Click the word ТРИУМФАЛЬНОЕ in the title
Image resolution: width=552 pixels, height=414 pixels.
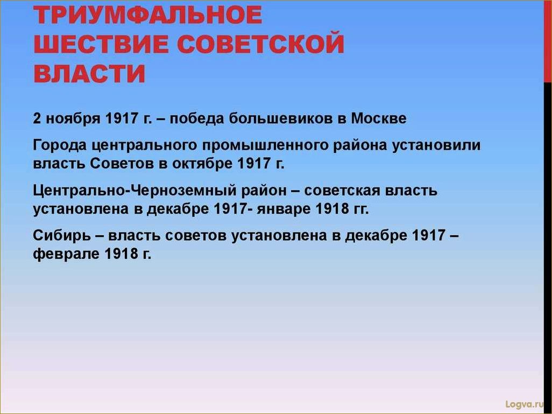click(148, 15)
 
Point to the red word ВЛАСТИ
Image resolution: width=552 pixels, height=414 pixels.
click(89, 74)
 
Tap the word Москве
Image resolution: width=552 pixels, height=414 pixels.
click(378, 118)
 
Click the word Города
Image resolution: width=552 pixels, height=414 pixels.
click(60, 145)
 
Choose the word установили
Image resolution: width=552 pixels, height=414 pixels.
click(436, 145)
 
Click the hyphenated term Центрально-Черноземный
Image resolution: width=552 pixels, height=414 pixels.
click(135, 191)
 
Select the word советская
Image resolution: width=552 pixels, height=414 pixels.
click(342, 191)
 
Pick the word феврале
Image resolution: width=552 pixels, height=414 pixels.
click(66, 254)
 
